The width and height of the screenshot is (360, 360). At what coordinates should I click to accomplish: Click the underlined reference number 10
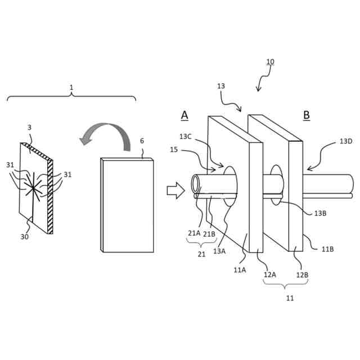270,62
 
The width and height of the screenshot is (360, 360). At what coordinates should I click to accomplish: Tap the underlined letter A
184,115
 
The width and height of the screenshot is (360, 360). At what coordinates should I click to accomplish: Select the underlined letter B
307,115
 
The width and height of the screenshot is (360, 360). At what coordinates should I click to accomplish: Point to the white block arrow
175,190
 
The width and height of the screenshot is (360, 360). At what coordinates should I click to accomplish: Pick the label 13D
346,141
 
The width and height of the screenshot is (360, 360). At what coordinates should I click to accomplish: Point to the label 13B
320,213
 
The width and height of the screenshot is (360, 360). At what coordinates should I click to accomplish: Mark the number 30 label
25,237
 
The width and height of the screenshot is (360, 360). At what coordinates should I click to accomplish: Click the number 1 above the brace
71,88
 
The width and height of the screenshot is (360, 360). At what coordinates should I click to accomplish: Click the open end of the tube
196,183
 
